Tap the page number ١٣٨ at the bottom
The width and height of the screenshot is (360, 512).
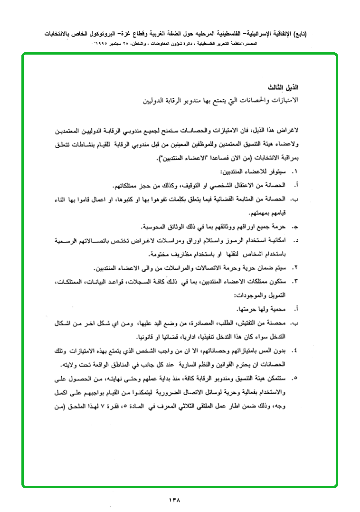[x=175, y=499]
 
